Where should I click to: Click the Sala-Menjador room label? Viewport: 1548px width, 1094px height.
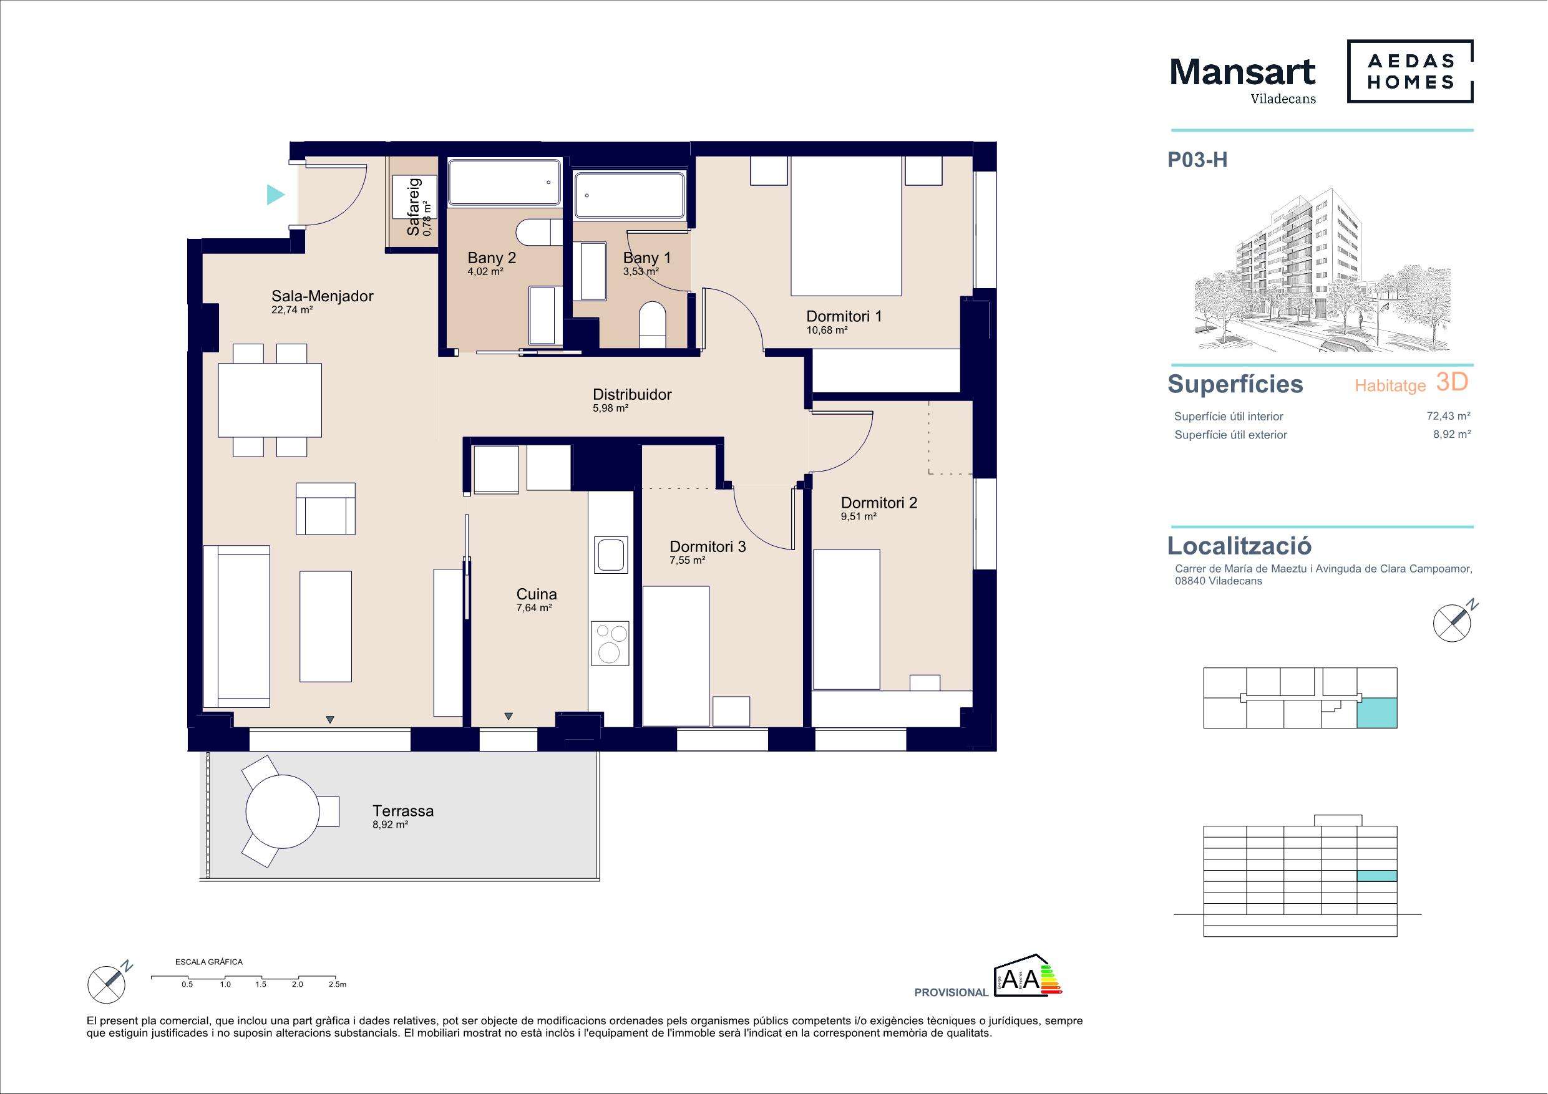(x=323, y=296)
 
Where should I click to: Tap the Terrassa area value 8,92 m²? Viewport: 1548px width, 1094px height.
(x=391, y=825)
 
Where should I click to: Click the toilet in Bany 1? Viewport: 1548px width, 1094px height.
(x=652, y=325)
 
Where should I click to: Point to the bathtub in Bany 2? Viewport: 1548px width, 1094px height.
(x=504, y=182)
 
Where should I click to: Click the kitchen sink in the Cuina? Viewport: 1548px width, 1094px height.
(x=611, y=553)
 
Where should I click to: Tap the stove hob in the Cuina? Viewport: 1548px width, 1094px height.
(x=610, y=643)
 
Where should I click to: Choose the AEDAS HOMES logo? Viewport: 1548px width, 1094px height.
(x=1409, y=72)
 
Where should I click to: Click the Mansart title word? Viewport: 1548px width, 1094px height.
(x=1242, y=72)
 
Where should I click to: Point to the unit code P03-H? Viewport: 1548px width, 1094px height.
(x=1197, y=160)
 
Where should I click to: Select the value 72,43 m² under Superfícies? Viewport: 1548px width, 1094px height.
(x=1448, y=416)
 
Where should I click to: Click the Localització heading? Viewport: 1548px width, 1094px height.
(x=1240, y=545)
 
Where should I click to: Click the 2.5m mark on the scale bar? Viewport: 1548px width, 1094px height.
(x=337, y=984)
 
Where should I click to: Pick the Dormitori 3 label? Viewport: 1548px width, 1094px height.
(x=708, y=546)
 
